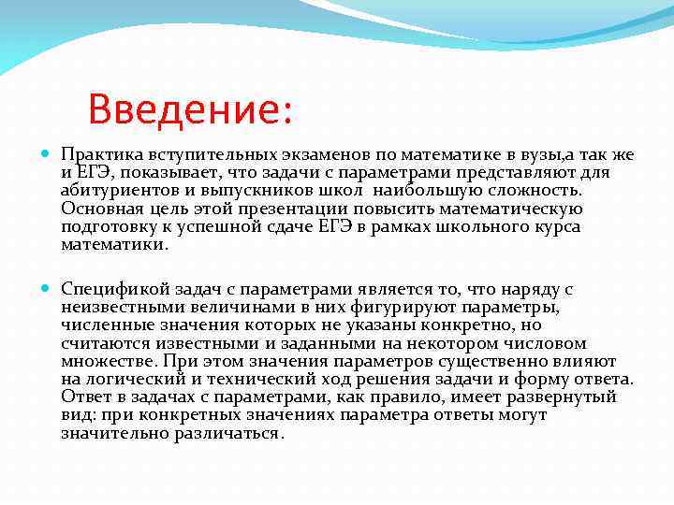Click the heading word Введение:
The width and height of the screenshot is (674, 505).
tap(191, 110)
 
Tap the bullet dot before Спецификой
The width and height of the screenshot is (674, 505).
tap(48, 288)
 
